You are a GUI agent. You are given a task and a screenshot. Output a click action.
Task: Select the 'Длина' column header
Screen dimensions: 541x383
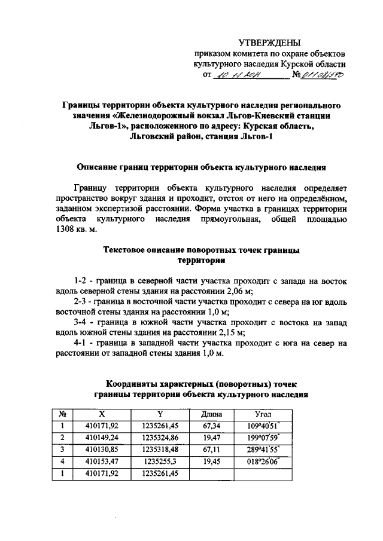211,414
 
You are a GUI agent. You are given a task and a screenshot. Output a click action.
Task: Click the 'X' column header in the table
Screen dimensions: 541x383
103,414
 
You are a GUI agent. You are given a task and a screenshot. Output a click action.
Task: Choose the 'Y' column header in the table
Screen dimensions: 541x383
160,414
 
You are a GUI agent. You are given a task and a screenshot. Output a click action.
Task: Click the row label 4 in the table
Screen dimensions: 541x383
62,461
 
